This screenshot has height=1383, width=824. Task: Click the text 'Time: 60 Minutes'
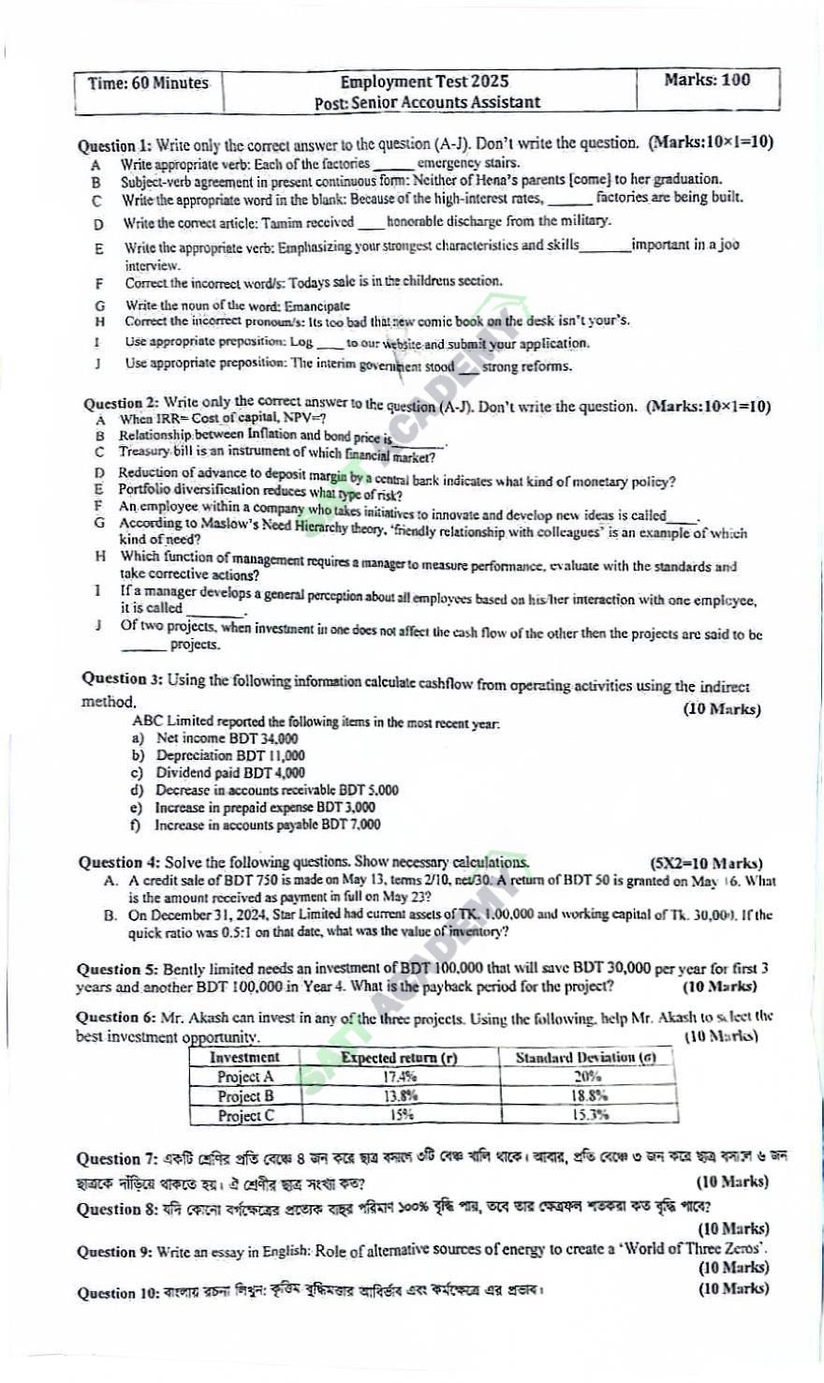pos(148,83)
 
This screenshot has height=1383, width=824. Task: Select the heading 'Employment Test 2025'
pos(424,82)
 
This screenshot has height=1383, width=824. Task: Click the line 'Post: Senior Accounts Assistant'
pos(427,103)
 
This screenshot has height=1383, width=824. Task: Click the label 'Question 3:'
pos(122,679)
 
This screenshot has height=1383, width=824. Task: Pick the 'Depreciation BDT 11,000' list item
pos(230,755)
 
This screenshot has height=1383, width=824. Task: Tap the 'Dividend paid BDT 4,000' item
pos(230,773)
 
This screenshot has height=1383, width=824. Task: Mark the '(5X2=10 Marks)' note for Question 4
pos(706,864)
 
